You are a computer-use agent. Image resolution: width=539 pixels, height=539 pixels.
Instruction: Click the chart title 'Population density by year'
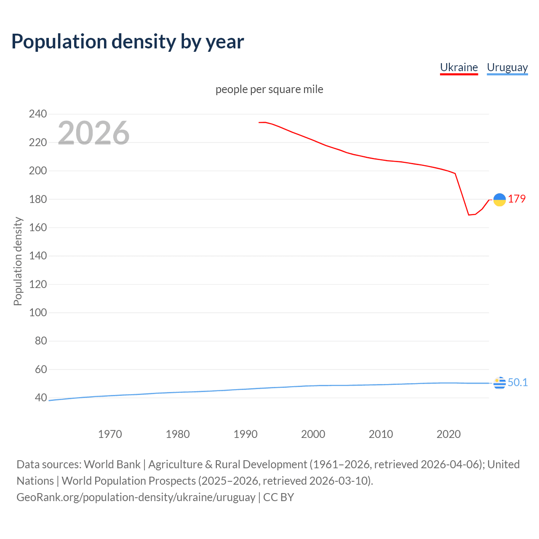point(128,42)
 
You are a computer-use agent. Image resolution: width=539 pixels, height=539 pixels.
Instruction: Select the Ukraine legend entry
point(459,67)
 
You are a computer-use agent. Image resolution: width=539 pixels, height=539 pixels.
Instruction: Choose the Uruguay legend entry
point(507,67)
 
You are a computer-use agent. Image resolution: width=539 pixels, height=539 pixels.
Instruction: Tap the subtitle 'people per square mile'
point(269,89)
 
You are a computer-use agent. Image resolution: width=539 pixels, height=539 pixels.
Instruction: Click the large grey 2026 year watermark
point(93,133)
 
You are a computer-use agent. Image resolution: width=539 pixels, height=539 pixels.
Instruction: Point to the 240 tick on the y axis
point(38,114)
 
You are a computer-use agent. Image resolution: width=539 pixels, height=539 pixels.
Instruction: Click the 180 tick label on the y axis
point(38,199)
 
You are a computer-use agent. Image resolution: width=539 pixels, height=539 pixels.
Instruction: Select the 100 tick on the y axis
point(38,313)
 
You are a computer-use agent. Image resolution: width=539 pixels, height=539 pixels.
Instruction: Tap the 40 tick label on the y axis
point(41,398)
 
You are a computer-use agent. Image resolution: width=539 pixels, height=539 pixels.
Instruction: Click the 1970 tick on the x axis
point(110,434)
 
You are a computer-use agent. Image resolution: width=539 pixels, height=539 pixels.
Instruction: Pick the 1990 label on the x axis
point(245,434)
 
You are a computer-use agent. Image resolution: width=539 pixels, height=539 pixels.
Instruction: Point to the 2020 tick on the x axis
point(448,434)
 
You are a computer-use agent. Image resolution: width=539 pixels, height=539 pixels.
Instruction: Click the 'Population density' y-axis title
point(18,261)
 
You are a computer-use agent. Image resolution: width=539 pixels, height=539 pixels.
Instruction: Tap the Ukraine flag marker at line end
point(499,200)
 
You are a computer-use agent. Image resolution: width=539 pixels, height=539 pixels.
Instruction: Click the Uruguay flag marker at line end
point(499,383)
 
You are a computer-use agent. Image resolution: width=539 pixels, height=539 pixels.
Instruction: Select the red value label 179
point(517,199)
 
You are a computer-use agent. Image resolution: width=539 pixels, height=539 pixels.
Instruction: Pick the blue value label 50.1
point(518,382)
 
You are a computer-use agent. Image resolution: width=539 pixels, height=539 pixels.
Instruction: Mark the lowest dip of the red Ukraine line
point(469,215)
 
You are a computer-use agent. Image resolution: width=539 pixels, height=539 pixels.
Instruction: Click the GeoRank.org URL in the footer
point(136,497)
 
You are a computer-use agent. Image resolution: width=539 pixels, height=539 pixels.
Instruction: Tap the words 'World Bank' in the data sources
point(112,464)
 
